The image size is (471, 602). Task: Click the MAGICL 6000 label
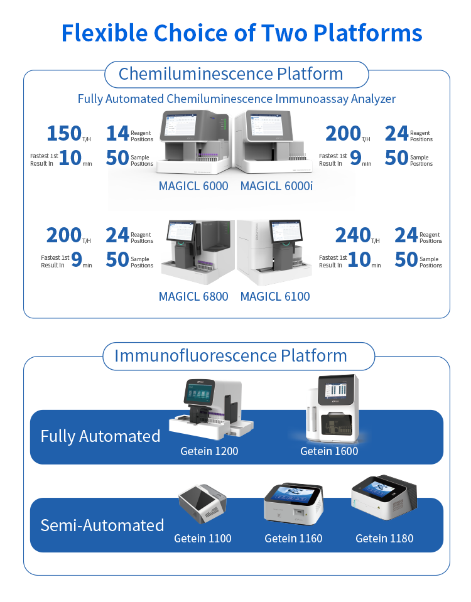point(193,186)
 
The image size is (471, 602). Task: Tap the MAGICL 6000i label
point(276,186)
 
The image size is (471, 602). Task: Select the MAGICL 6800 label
point(193,296)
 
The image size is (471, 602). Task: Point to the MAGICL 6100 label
point(275,296)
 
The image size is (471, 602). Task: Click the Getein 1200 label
point(209,451)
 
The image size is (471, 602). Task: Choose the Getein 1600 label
point(329,451)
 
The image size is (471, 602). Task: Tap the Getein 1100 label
point(203,538)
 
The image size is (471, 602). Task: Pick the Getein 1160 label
point(293,538)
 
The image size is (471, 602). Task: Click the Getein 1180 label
point(384,538)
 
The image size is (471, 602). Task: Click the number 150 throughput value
point(64,134)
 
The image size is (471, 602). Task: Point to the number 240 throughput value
point(353,235)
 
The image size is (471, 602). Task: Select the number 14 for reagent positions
point(117,134)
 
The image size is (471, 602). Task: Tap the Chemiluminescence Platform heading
point(231,73)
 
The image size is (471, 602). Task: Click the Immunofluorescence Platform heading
point(231,355)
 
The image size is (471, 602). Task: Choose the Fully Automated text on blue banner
point(100,436)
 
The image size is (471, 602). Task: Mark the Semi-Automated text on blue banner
point(102,525)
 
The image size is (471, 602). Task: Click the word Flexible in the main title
point(104,33)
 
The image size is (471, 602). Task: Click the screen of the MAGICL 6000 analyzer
point(181,124)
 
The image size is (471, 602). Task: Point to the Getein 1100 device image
point(202,503)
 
